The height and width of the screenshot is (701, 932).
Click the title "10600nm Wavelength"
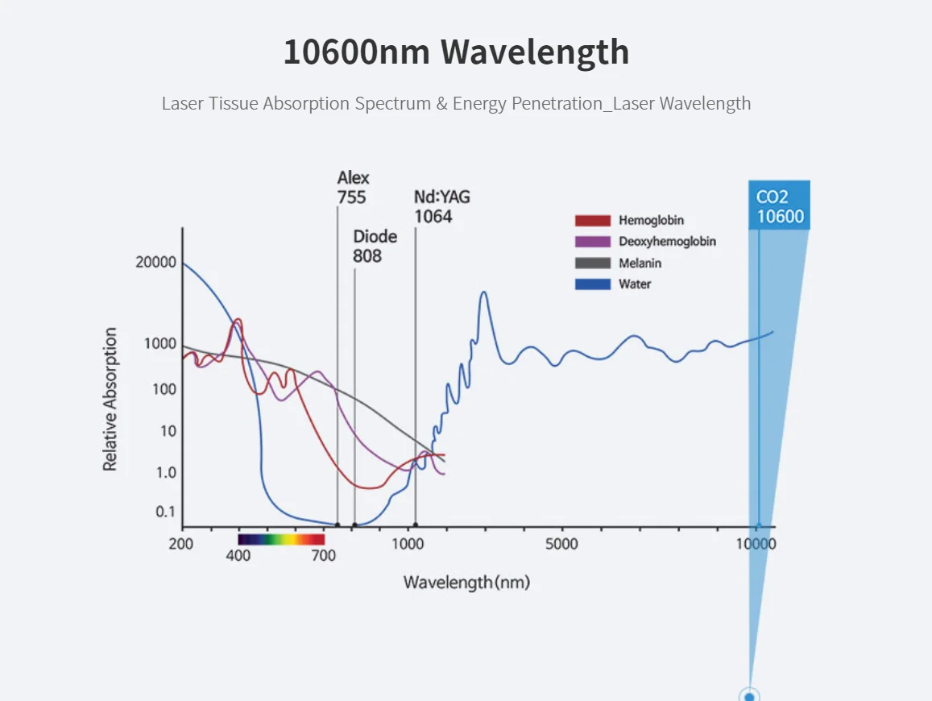[456, 52]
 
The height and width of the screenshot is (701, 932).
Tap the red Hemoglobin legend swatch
[592, 220]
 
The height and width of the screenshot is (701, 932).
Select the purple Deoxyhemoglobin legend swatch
[592, 242]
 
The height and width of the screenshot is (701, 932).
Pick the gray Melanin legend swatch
[592, 263]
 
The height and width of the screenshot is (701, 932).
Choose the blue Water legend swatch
[592, 284]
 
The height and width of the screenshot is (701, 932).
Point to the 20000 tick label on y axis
[155, 263]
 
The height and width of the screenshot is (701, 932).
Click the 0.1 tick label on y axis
[165, 512]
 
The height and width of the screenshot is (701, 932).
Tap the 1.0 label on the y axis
[165, 472]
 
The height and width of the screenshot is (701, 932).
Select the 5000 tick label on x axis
[561, 544]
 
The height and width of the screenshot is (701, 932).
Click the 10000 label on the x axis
[756, 544]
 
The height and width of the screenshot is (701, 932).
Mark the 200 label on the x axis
[181, 544]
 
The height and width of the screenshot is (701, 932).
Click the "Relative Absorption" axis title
[110, 399]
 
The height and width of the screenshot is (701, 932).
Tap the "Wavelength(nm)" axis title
[466, 582]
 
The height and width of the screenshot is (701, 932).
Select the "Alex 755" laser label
[353, 188]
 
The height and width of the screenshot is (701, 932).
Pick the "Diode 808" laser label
[375, 247]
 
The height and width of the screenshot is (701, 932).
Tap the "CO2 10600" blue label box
[779, 206]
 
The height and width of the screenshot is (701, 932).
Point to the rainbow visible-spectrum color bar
[281, 540]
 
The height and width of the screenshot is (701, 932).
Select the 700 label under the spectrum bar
[323, 556]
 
